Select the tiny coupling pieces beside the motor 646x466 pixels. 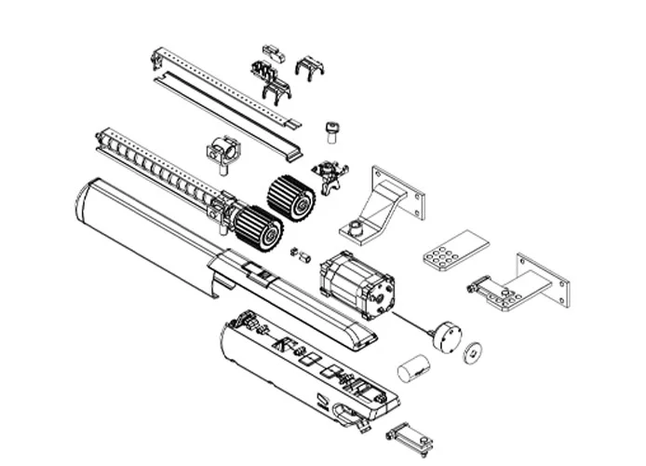[x=299, y=253]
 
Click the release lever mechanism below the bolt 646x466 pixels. [x=329, y=174]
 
